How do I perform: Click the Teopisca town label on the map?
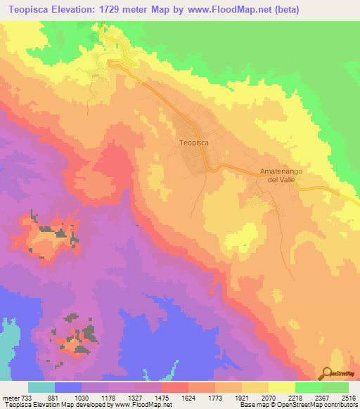pyautogui.click(x=194, y=142)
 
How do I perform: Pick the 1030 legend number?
pyautogui.click(x=83, y=397)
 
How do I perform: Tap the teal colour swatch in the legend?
pyautogui.click(x=41, y=387)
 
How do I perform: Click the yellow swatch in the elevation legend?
pyautogui.click(x=281, y=387)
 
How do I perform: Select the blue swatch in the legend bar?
pyautogui.click(x=68, y=387)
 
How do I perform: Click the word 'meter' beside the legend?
pyautogui.click(x=11, y=397)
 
